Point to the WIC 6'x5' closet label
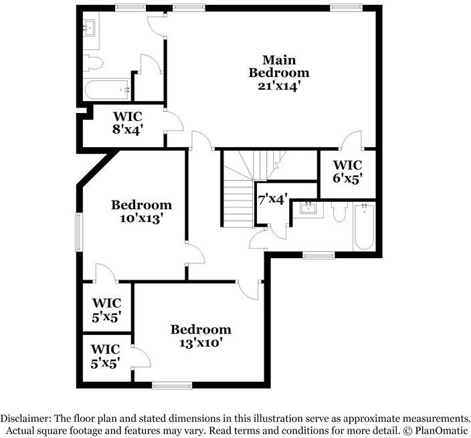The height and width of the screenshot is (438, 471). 347,171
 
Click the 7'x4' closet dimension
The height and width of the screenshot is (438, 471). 272,199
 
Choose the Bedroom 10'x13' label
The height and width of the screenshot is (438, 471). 141,211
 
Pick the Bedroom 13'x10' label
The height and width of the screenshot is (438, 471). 201,336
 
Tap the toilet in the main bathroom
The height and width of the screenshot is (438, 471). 94,63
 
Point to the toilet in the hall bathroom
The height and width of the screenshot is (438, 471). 338,211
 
